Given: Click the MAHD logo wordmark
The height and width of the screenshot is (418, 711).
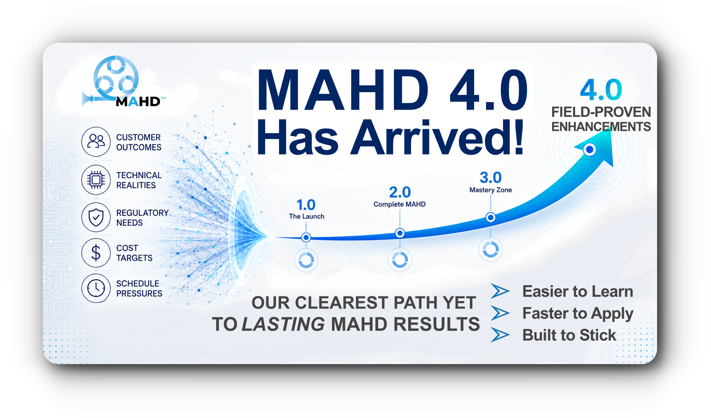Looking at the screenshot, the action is tap(138, 102).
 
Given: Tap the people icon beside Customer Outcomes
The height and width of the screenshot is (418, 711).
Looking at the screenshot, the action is tap(96, 141).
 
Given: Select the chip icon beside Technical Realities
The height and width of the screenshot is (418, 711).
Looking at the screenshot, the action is tap(96, 180).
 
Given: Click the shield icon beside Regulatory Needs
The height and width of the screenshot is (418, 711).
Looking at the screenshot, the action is tap(96, 217).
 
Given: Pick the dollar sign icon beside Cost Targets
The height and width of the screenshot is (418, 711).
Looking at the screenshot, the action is tap(96, 253).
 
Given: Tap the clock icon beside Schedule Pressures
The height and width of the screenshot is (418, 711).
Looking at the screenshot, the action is tap(96, 288).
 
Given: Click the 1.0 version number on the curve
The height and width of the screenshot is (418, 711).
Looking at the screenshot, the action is tap(306, 205).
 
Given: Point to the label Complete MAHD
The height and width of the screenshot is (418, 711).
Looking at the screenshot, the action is tap(399, 204).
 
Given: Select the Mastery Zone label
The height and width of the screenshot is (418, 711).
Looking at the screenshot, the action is tap(490, 190).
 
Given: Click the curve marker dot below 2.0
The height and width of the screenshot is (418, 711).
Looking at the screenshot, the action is tap(400, 233).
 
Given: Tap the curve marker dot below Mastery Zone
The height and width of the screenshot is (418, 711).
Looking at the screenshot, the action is tap(490, 217).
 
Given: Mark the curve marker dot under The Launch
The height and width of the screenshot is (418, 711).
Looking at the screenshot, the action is tap(306, 237).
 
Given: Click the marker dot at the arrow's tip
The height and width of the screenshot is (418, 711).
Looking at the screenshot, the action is tap(590, 150).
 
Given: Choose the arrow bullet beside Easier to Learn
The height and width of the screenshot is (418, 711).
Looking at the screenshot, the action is tap(500, 291).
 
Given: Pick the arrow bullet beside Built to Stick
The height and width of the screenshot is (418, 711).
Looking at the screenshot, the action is tap(500, 335).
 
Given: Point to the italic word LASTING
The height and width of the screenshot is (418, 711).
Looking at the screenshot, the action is tap(283, 324).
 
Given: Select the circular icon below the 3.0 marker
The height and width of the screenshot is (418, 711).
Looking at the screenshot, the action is tap(490, 249).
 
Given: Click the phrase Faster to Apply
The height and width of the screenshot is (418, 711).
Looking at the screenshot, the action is tap(578, 314).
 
